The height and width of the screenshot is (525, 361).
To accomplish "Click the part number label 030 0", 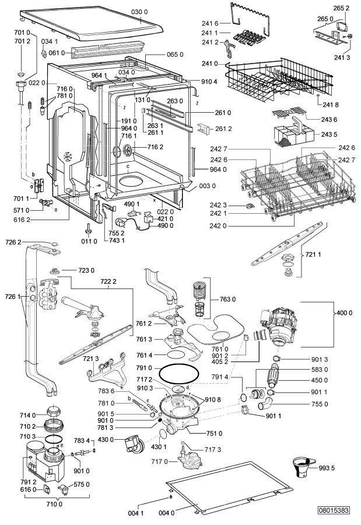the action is pyautogui.click(x=139, y=12).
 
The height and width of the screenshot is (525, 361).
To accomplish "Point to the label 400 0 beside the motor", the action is pyautogui.click(x=344, y=313).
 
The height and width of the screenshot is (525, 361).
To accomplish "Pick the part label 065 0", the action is pyautogui.click(x=175, y=54).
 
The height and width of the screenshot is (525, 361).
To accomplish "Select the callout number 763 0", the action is pyautogui.click(x=227, y=299).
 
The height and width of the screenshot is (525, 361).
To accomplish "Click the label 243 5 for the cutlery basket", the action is pyautogui.click(x=329, y=134).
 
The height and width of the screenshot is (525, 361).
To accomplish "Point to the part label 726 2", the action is pyautogui.click(x=13, y=242).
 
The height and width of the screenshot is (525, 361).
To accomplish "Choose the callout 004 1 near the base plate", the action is pyautogui.click(x=136, y=513).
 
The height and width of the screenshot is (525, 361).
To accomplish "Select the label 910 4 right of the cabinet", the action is pyautogui.click(x=209, y=81).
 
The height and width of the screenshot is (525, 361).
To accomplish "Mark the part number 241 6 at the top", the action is pyautogui.click(x=210, y=23).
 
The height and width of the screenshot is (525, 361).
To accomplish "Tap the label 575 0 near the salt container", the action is pyautogui.click(x=81, y=484).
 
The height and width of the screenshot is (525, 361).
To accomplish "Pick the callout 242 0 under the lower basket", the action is pyautogui.click(x=218, y=225).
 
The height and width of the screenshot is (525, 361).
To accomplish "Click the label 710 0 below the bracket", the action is pyautogui.click(x=54, y=503).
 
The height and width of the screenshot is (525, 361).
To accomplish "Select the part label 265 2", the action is pyautogui.click(x=341, y=8).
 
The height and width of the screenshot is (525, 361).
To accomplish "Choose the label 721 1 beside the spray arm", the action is pyautogui.click(x=313, y=255).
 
